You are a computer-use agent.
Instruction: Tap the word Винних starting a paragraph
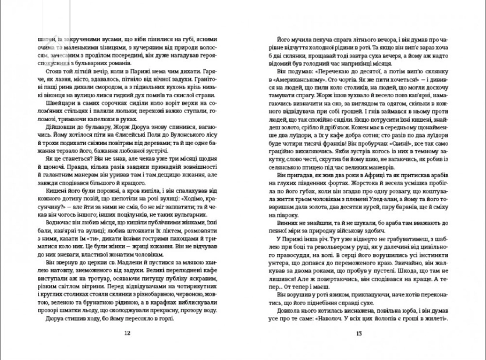[277, 224]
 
